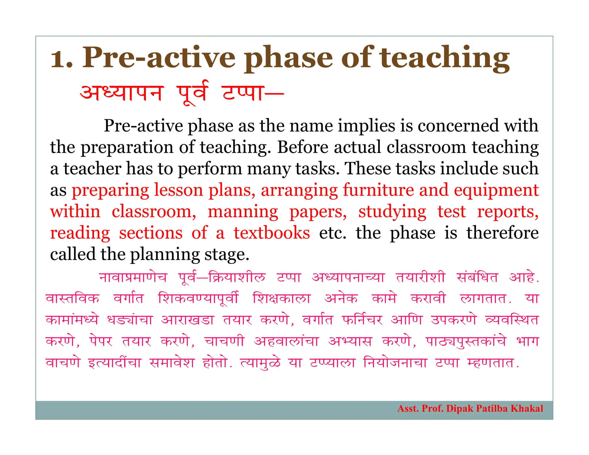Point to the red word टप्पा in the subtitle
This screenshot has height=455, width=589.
coord(243,93)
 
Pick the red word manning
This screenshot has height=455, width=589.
coord(243,212)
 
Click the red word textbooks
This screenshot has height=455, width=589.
coord(272,233)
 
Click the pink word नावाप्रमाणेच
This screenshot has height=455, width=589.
coord(133,277)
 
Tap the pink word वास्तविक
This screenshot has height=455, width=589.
coord(73,299)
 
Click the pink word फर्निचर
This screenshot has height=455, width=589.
coord(362,320)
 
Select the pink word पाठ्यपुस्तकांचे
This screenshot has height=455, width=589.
coord(466,341)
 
